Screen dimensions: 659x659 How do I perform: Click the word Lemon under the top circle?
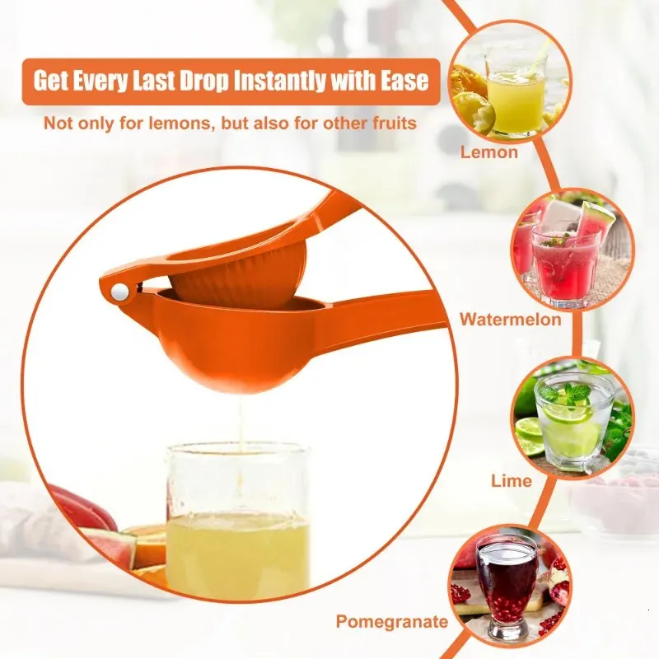488,152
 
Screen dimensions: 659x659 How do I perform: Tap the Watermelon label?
510,320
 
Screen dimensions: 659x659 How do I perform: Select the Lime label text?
512,481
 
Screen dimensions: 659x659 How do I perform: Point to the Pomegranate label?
392,622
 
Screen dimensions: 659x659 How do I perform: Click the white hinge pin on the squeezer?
120,292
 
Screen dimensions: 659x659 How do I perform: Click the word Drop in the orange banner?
204,80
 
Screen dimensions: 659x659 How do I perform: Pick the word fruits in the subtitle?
395,124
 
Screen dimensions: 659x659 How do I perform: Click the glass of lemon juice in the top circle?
516,95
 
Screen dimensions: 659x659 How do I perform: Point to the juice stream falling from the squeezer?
241,424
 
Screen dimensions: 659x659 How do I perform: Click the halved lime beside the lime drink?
529,436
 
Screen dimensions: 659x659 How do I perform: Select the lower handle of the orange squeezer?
378,311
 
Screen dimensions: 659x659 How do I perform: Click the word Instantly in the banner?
279,80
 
